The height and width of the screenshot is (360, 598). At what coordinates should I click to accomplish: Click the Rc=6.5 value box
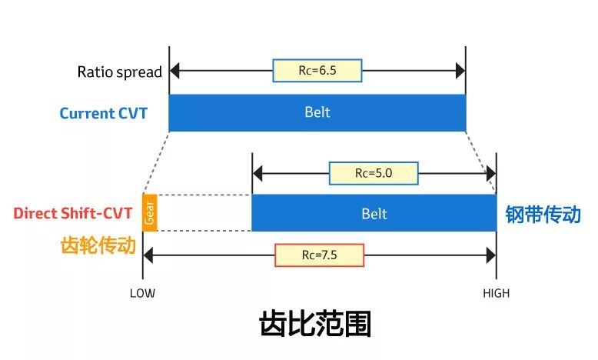click(317, 71)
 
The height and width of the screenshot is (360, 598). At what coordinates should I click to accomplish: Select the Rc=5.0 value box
click(373, 173)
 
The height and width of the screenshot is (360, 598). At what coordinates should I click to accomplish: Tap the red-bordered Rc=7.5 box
click(319, 255)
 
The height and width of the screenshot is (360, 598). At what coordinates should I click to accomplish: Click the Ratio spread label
click(119, 72)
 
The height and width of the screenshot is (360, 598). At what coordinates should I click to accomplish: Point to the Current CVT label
click(104, 114)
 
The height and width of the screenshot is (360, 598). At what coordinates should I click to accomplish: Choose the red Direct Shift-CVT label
click(74, 213)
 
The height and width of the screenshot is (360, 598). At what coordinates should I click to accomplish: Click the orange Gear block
click(150, 213)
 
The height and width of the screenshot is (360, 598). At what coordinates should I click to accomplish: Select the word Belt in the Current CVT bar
click(317, 112)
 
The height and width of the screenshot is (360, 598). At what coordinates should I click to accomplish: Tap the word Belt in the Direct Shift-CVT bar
click(374, 214)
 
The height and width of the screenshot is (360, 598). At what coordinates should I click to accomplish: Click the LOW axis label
click(142, 293)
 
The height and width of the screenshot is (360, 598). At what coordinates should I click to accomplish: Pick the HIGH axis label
click(496, 293)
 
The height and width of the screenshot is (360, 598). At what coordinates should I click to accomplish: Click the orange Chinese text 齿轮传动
click(98, 245)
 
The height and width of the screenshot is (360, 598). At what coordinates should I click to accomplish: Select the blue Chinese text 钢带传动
click(543, 214)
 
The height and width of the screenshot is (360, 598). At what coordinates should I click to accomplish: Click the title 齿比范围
click(315, 325)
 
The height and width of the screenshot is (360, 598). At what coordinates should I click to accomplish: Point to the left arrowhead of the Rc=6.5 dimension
click(174, 71)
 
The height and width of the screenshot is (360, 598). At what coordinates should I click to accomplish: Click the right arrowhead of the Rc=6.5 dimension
click(460, 71)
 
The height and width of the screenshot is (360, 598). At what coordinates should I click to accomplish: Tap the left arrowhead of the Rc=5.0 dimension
click(257, 173)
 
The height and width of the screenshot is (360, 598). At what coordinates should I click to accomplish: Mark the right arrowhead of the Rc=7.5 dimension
click(491, 255)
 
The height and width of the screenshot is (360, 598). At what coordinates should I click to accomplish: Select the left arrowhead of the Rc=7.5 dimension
click(148, 255)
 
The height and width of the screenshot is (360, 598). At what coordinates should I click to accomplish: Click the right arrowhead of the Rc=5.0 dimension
click(491, 173)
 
